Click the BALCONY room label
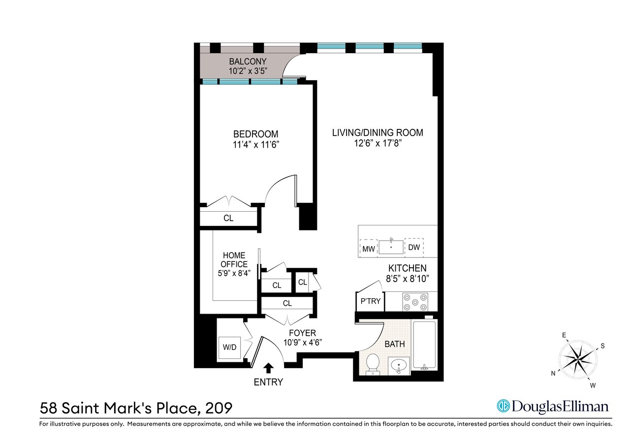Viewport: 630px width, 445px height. click(248, 62)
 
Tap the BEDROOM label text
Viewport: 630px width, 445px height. click(255, 134)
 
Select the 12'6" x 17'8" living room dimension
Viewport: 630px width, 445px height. click(378, 143)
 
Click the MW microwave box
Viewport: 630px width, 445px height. click(369, 248)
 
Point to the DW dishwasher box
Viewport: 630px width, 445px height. click(414, 247)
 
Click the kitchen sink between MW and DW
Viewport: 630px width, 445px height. click(391, 247)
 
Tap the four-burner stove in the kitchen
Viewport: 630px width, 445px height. click(415, 302)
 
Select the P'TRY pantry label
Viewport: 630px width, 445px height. click(371, 301)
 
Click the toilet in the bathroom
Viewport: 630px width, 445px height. click(373, 364)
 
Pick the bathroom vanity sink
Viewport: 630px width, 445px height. click(399, 366)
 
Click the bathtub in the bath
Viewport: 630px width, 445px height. click(424, 346)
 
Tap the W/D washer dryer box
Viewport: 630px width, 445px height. click(229, 348)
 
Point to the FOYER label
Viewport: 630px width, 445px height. click(302, 333)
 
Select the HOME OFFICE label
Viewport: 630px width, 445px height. click(234, 259)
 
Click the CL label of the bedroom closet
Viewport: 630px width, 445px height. click(228, 218)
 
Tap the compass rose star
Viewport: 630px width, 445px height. click(578, 359)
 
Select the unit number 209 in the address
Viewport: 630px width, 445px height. click(219, 409)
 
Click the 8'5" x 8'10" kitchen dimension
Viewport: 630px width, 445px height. click(407, 279)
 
